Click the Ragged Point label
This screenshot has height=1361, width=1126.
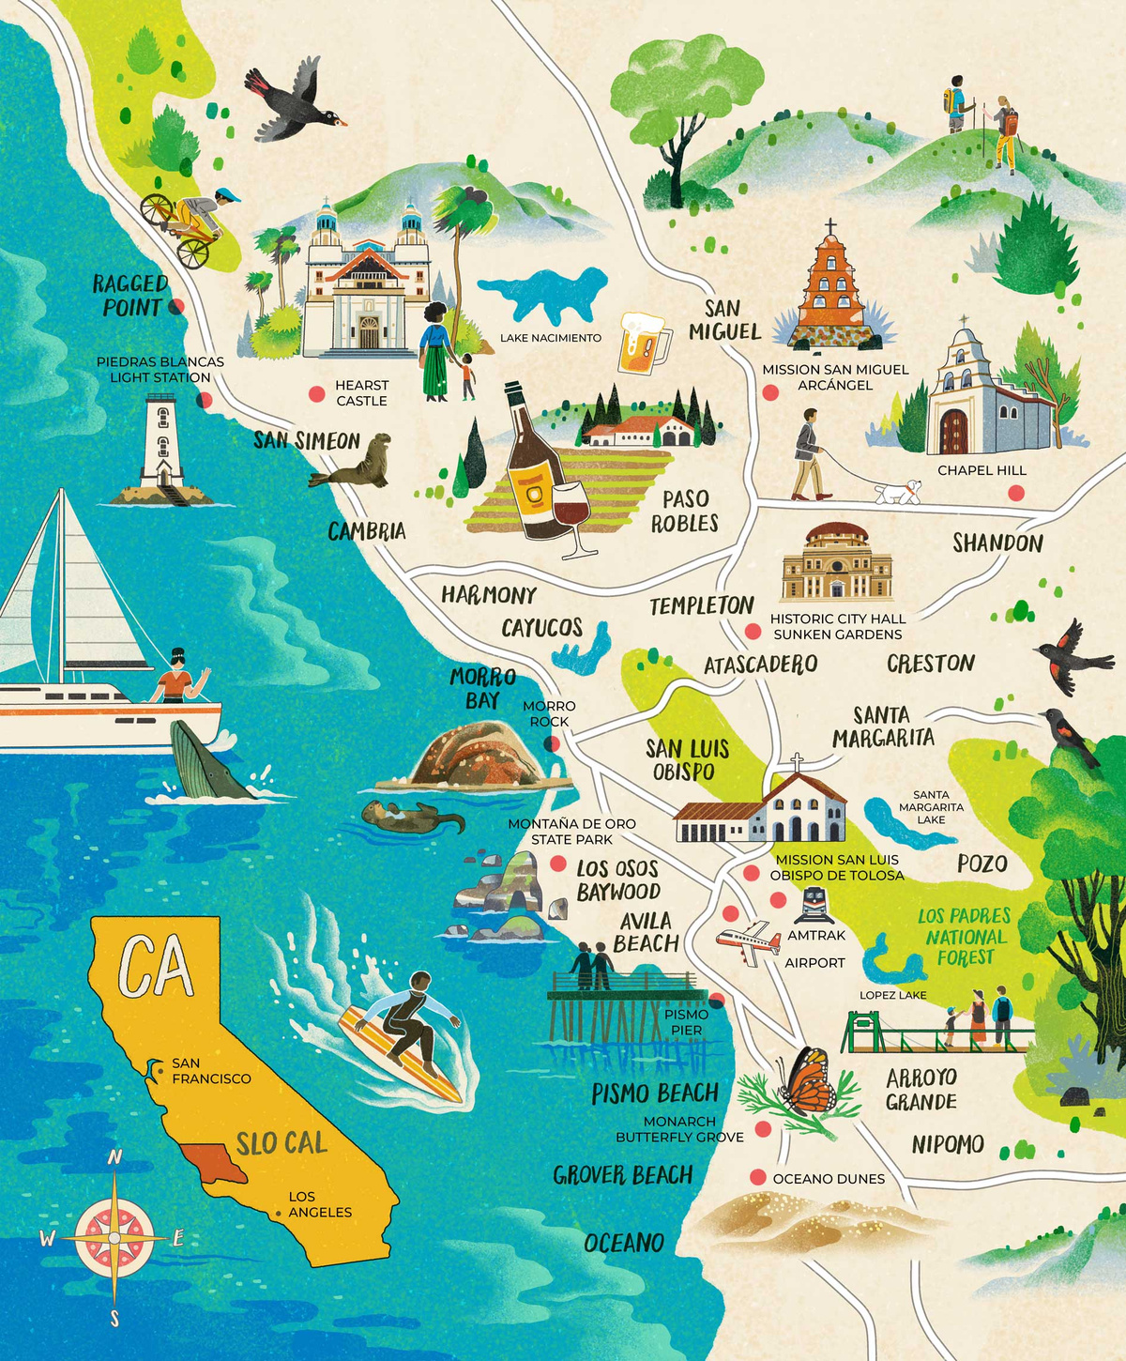(x=130, y=295)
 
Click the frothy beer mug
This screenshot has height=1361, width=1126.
(x=643, y=342)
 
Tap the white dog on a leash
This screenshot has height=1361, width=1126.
(x=898, y=492)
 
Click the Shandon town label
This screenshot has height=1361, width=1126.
(x=997, y=543)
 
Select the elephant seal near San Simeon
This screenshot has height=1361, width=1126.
(x=357, y=463)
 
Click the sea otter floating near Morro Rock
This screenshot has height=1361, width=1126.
(x=411, y=816)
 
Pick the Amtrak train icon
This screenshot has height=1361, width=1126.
(x=814, y=906)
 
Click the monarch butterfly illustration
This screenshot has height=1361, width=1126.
(x=807, y=1081)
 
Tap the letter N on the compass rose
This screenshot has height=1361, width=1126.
(x=114, y=1157)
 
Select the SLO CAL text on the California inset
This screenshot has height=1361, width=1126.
(x=281, y=1143)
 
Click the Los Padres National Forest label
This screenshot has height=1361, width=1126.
(x=965, y=936)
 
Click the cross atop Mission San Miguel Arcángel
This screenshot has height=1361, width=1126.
(x=829, y=227)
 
